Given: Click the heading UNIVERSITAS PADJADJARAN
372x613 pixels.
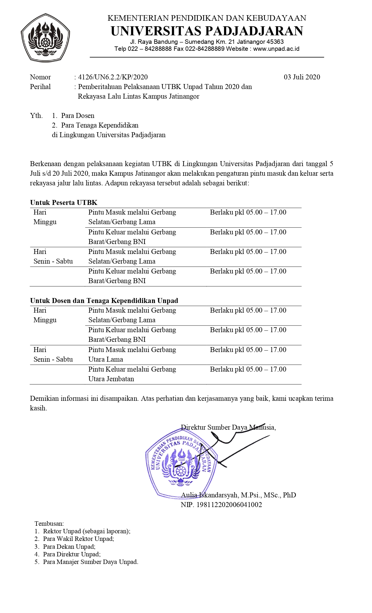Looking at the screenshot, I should pos(207,31).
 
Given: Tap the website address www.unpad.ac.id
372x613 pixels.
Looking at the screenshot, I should pos(276,49).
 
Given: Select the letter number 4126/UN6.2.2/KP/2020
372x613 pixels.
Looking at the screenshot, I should pos(113,77).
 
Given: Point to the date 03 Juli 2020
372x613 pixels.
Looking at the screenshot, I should pos(302,77).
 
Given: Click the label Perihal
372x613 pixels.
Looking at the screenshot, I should pos(40,87).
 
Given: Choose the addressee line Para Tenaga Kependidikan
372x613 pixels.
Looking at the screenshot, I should pos(99,125).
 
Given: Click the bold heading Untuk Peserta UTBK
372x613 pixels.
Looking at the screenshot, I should pos(64,203).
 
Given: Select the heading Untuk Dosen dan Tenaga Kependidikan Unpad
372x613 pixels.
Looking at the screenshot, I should pos(104,301).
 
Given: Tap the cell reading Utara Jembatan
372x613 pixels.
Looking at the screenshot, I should pos(111,379).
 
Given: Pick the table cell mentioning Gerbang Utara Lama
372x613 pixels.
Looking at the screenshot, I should pos(132,354).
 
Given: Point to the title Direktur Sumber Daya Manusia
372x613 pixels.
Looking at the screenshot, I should pos(228,427).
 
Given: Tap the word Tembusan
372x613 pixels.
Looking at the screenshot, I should pos(49,524).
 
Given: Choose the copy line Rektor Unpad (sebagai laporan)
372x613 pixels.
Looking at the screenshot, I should pos(86,531).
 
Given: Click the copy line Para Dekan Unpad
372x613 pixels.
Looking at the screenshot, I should pos(69,546).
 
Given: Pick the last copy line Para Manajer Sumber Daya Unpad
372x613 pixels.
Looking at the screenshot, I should pos(90,562).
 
